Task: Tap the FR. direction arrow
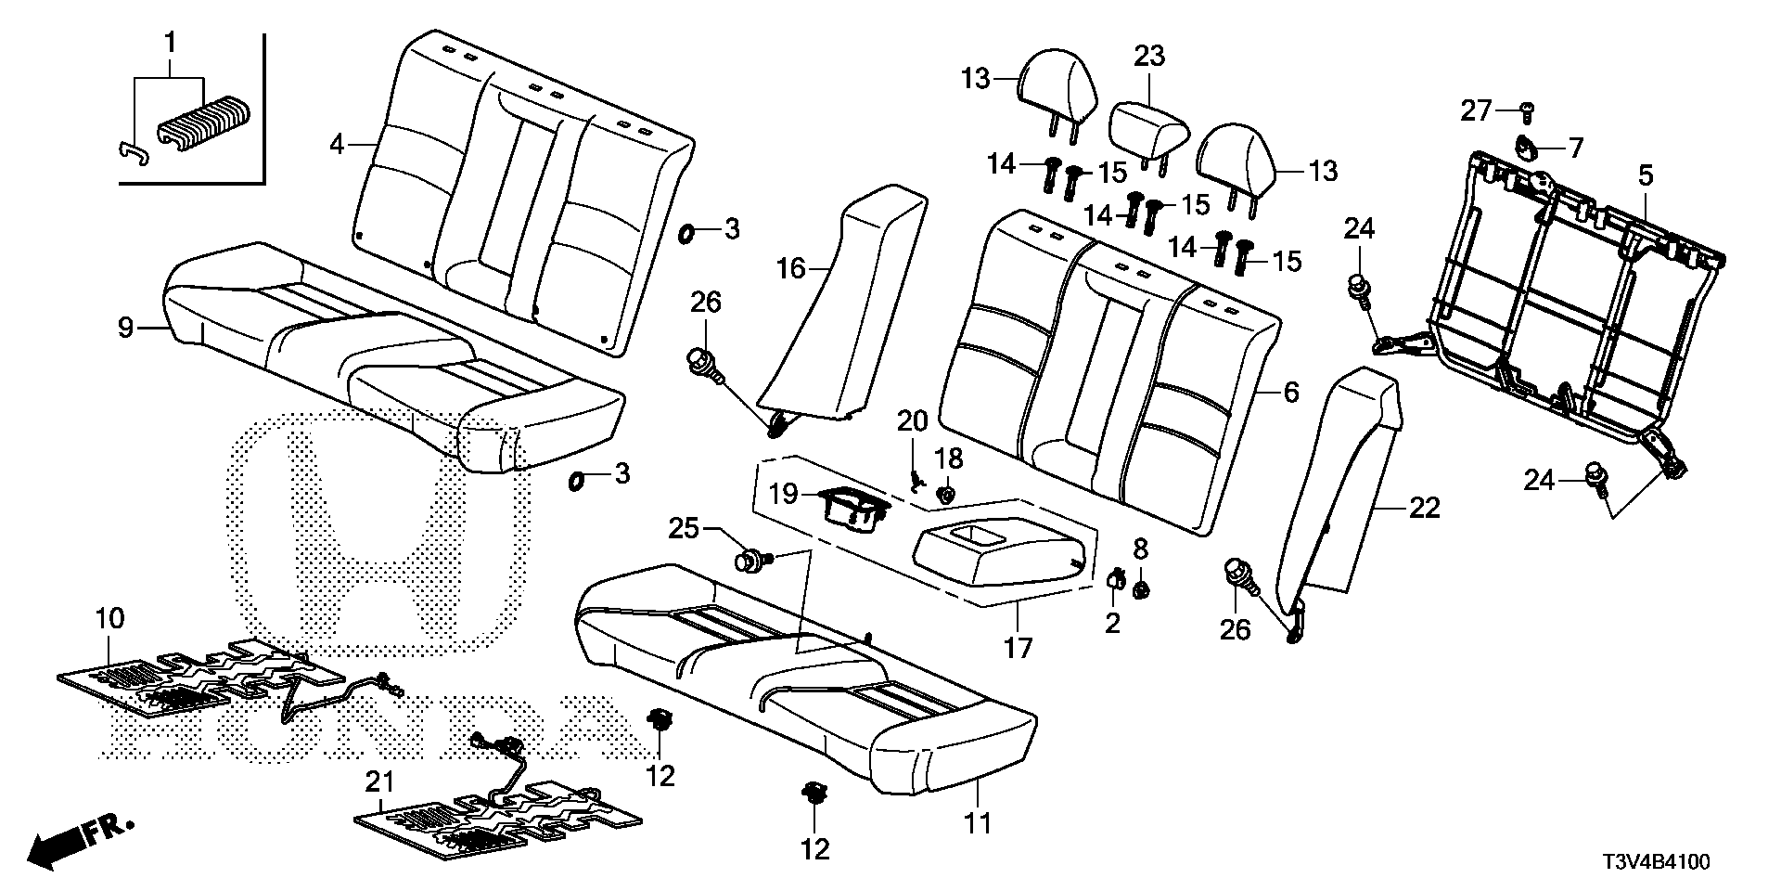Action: pos(79,838)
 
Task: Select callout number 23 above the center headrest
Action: pos(1148,56)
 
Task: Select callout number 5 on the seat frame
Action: pos(1645,174)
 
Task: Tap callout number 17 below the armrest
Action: pos(1019,647)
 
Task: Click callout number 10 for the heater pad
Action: pos(109,618)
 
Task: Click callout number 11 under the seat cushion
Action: pos(979,822)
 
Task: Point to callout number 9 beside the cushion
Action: pos(126,327)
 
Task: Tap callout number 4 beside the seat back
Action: pos(338,145)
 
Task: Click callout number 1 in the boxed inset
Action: pos(170,41)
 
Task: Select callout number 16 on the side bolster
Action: pos(790,269)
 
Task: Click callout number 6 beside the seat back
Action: pos(1290,393)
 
